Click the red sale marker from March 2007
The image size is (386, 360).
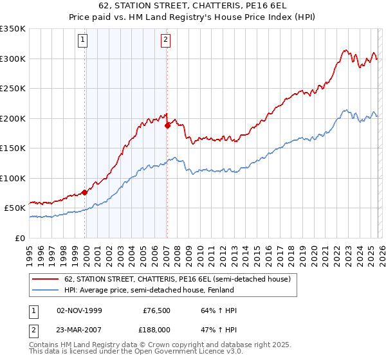pyautogui.click(x=167, y=126)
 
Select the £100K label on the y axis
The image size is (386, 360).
pyautogui.click(x=13, y=178)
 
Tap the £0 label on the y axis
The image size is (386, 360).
pyautogui.click(x=19, y=238)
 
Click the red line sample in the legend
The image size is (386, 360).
pyautogui.click(x=46, y=280)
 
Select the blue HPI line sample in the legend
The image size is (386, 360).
pyautogui.click(x=46, y=290)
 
